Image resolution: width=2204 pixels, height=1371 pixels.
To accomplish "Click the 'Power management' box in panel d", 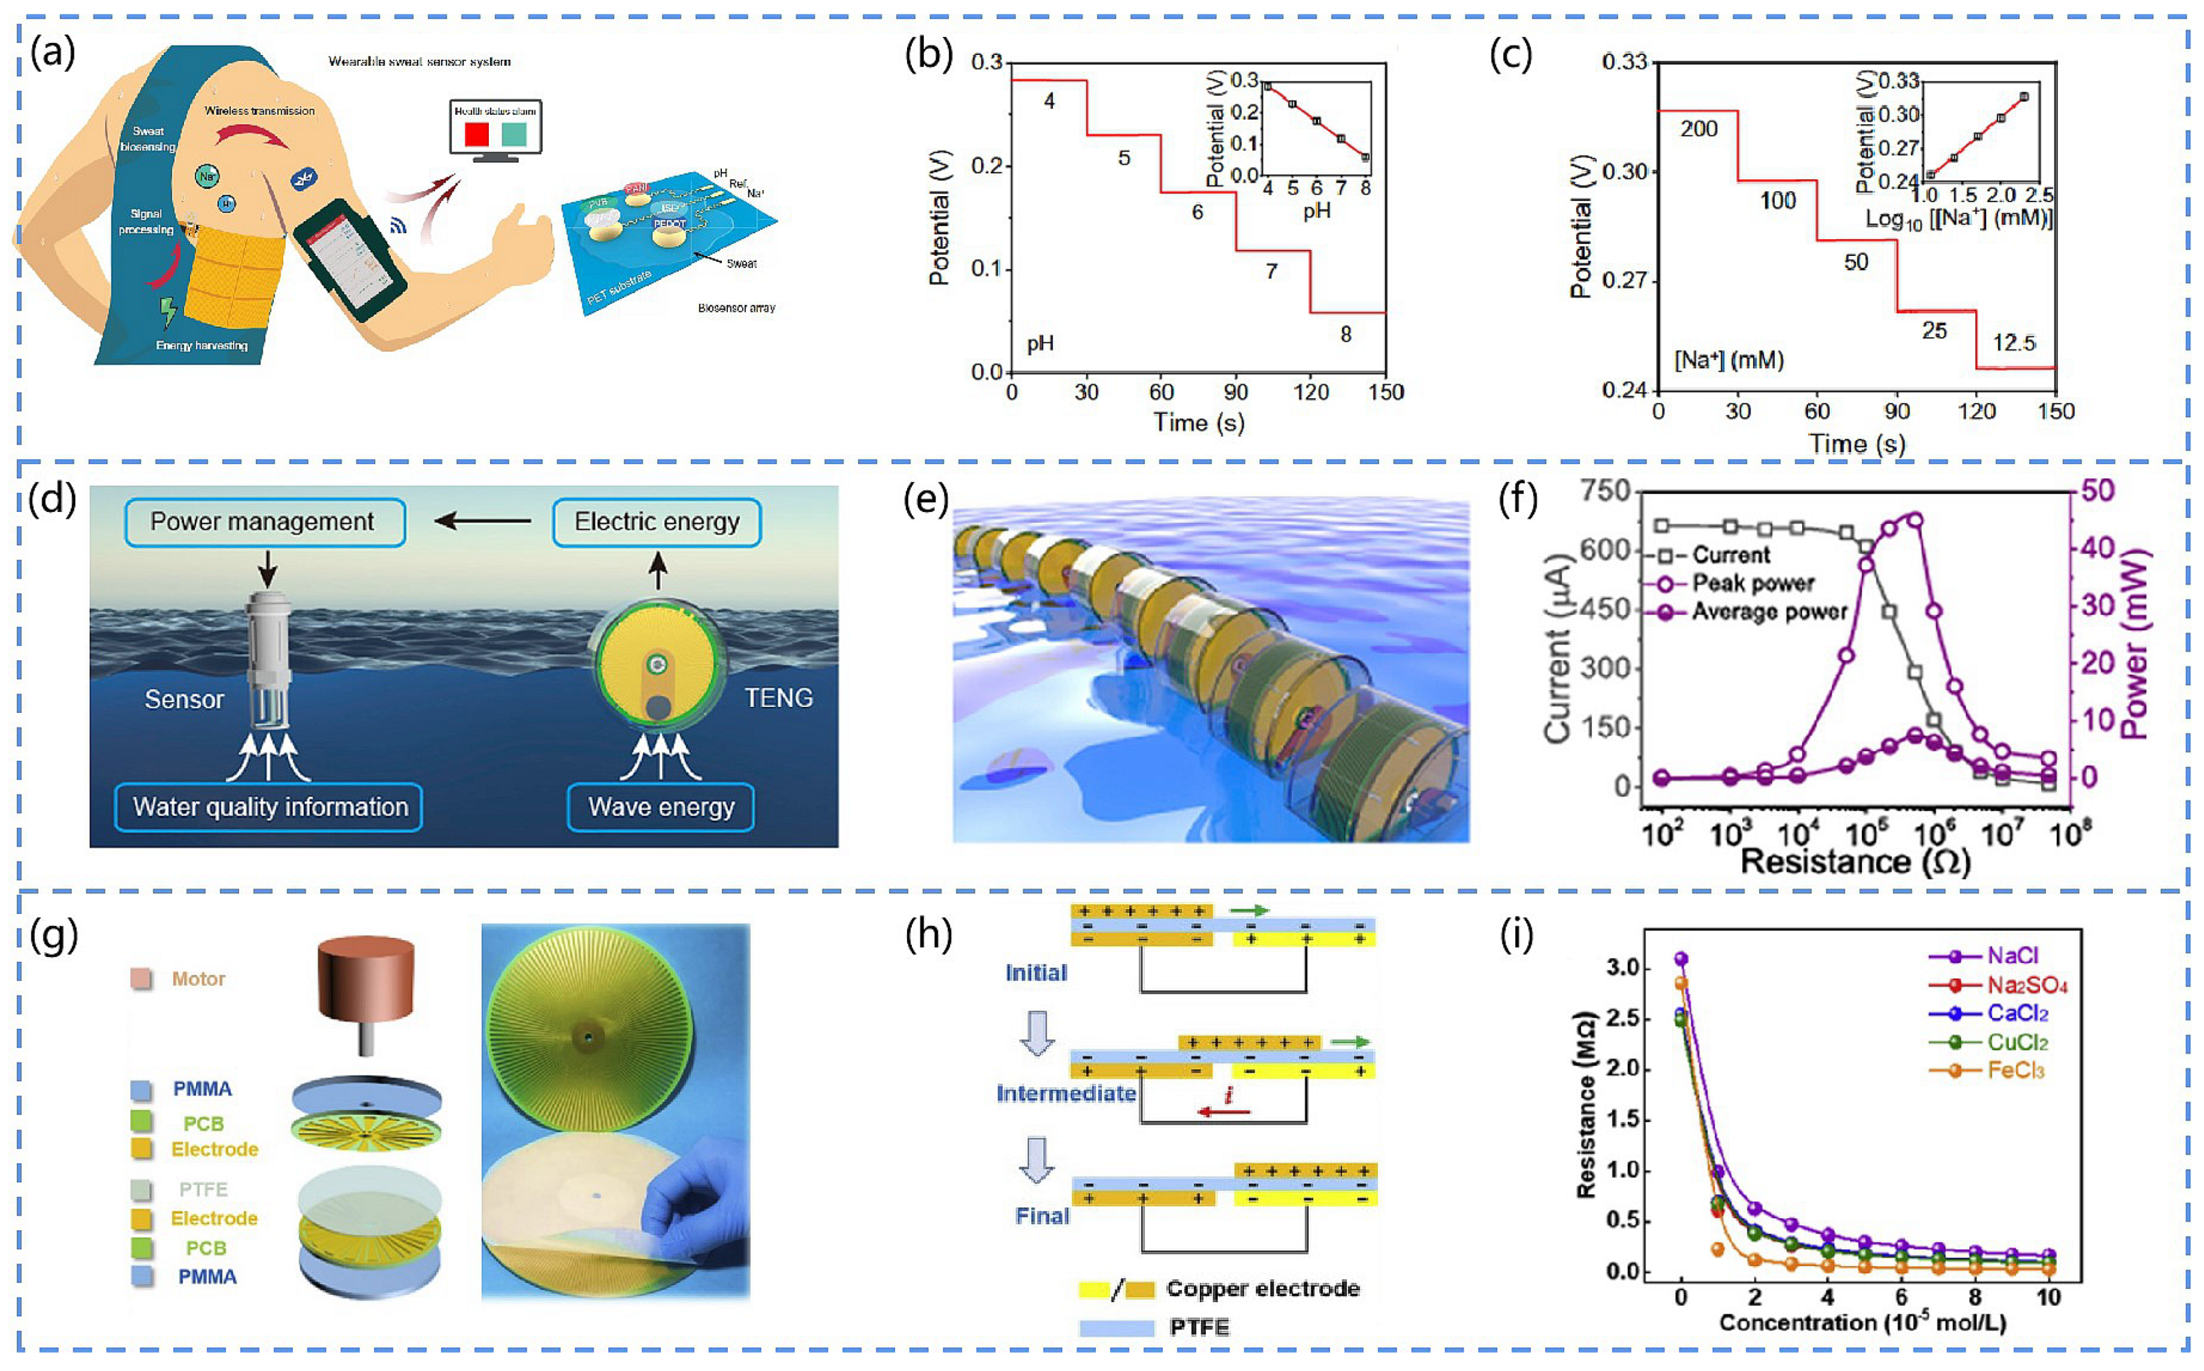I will pos(264,522).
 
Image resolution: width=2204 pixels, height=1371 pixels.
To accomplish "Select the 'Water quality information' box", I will pos(269,807).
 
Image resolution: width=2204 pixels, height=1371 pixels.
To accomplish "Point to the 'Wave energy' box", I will pos(661,807).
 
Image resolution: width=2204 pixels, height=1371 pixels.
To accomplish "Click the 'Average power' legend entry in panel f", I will pos(1767,612).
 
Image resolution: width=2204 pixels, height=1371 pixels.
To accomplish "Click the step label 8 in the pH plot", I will pos(1346,334).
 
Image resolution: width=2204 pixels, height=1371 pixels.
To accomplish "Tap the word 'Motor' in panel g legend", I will pos(199,979).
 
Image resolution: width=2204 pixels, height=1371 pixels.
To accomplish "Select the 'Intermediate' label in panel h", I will pos(1066,1093).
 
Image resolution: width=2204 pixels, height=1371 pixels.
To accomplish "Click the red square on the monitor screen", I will pos(477,135).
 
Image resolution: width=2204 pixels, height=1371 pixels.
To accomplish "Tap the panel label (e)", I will pos(926,499).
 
